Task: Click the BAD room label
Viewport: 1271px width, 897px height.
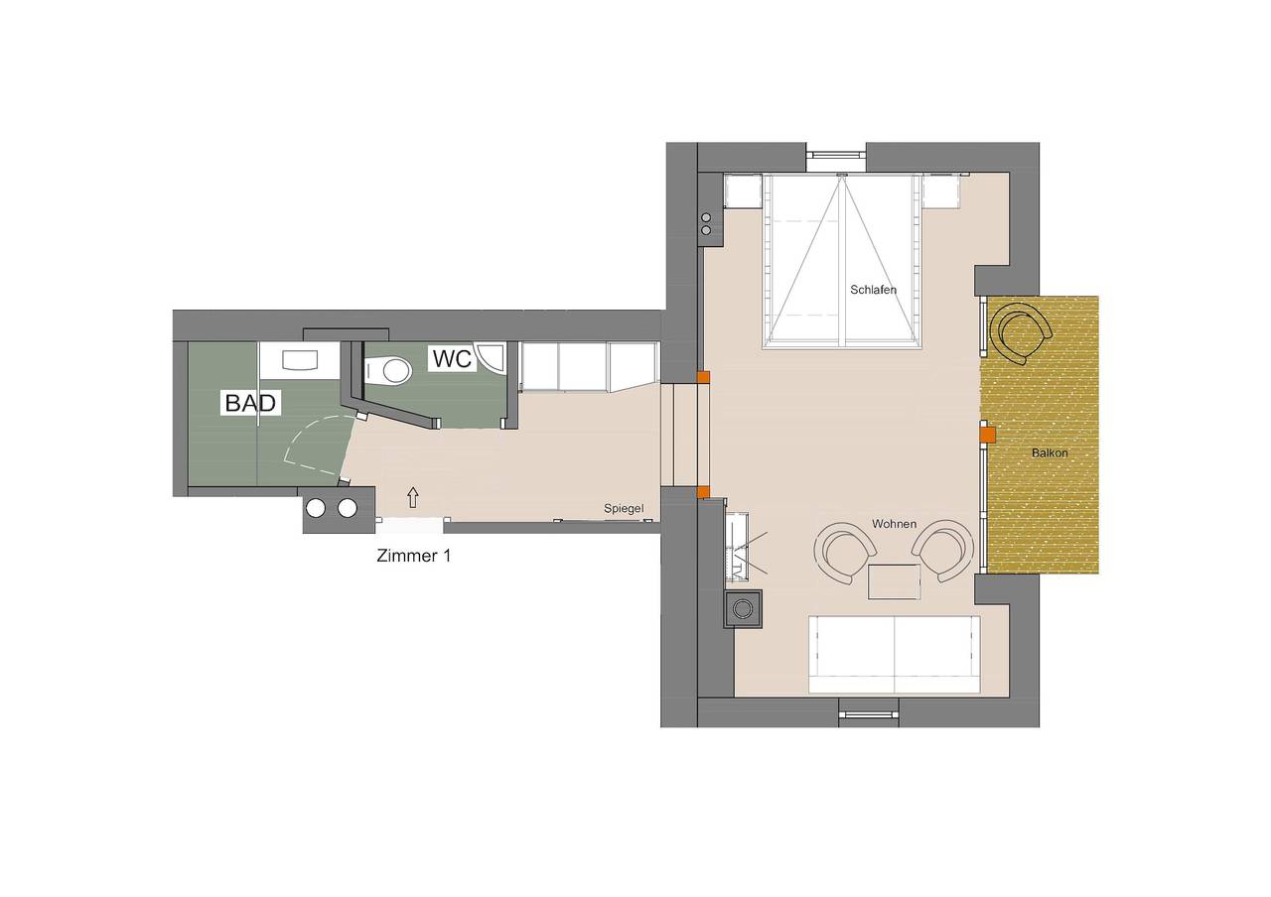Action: (250, 403)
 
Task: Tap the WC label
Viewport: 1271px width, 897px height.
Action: (452, 358)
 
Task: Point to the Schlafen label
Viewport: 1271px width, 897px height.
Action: (873, 290)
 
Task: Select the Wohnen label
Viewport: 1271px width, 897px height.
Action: (895, 524)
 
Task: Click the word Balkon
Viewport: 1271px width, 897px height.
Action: (1050, 453)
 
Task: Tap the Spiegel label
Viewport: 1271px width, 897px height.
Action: (624, 509)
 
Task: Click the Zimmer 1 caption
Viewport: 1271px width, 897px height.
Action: (414, 556)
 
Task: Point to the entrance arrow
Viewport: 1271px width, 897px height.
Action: (413, 497)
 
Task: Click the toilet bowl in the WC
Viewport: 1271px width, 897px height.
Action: (392, 371)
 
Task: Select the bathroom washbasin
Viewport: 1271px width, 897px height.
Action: (301, 360)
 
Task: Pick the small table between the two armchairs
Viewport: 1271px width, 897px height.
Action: (894, 581)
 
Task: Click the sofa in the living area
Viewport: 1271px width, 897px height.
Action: (895, 654)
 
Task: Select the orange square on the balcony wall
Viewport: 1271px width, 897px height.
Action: (988, 435)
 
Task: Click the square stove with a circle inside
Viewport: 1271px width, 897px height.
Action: (743, 608)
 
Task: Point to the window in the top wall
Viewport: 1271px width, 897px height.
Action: (836, 153)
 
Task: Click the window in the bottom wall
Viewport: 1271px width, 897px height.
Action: (869, 715)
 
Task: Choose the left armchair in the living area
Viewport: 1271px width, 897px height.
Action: (844, 551)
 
